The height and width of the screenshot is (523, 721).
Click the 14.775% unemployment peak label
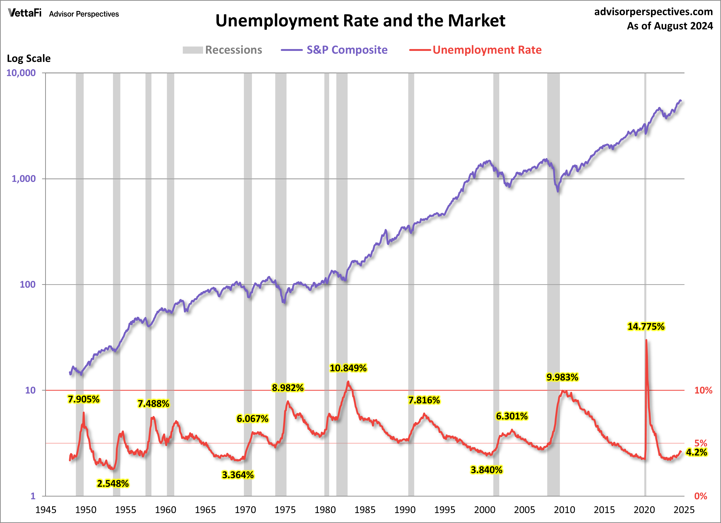coord(646,326)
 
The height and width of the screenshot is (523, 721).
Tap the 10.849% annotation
coord(348,368)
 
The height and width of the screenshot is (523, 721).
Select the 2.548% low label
coord(113,484)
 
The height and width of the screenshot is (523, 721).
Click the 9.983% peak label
coord(562,377)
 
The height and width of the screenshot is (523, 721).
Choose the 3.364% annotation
coord(238,475)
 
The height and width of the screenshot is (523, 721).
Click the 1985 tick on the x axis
coord(365,510)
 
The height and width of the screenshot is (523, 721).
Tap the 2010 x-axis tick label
coord(564,510)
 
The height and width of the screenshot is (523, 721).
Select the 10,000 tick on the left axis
coord(21,73)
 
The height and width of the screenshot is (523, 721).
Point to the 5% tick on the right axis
coord(701,443)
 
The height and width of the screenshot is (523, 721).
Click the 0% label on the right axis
coord(701,496)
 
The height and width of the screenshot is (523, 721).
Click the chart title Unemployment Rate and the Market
coord(360,21)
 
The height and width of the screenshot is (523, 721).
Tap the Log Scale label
coord(29,58)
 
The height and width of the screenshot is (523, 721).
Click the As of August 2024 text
coord(670,26)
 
